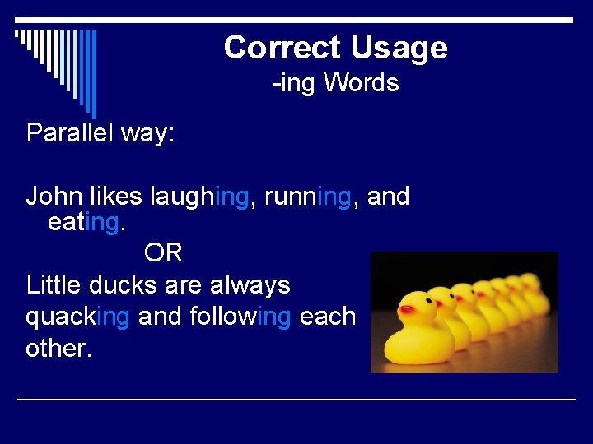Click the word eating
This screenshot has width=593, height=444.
[84, 223]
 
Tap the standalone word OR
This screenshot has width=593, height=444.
[163, 252]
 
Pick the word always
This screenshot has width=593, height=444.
[250, 286]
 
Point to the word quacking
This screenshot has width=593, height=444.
[77, 317]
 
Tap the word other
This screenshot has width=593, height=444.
[58, 348]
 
